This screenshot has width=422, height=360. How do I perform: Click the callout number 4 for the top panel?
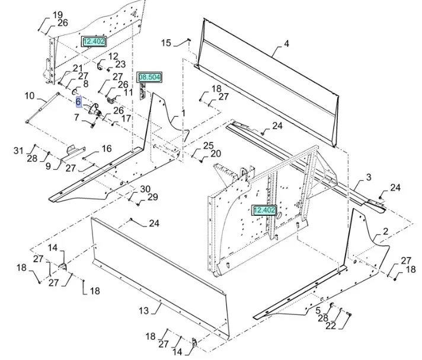pyautogui.click(x=286, y=44)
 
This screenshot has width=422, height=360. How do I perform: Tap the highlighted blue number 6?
pyautogui.click(x=78, y=101)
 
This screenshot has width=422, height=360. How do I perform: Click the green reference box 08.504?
pyautogui.click(x=149, y=77)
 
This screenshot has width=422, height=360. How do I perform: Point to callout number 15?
pyautogui.click(x=166, y=43)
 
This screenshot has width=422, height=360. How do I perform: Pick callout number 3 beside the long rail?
pyautogui.click(x=369, y=177)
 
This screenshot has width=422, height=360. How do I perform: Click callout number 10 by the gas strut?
pyautogui.click(x=30, y=95)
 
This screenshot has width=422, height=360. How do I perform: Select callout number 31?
pyautogui.click(x=18, y=150)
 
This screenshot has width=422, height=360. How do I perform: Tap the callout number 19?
pyautogui.click(x=57, y=15)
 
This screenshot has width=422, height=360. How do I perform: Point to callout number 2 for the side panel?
pyautogui.click(x=385, y=231)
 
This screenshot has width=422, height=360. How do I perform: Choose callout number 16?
pyautogui.click(x=106, y=148)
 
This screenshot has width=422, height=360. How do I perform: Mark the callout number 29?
pyautogui.click(x=152, y=197)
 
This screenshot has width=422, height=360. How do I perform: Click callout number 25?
pyautogui.click(x=208, y=145)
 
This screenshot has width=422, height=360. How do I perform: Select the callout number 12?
pyautogui.click(x=113, y=56)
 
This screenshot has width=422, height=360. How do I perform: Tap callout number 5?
pyautogui.click(x=318, y=310)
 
